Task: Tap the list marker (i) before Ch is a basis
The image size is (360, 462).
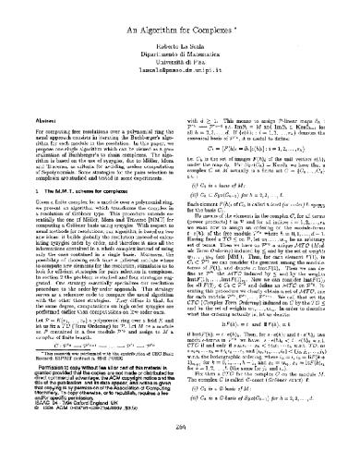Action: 194,162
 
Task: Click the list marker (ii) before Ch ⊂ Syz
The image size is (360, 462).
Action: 195,172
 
